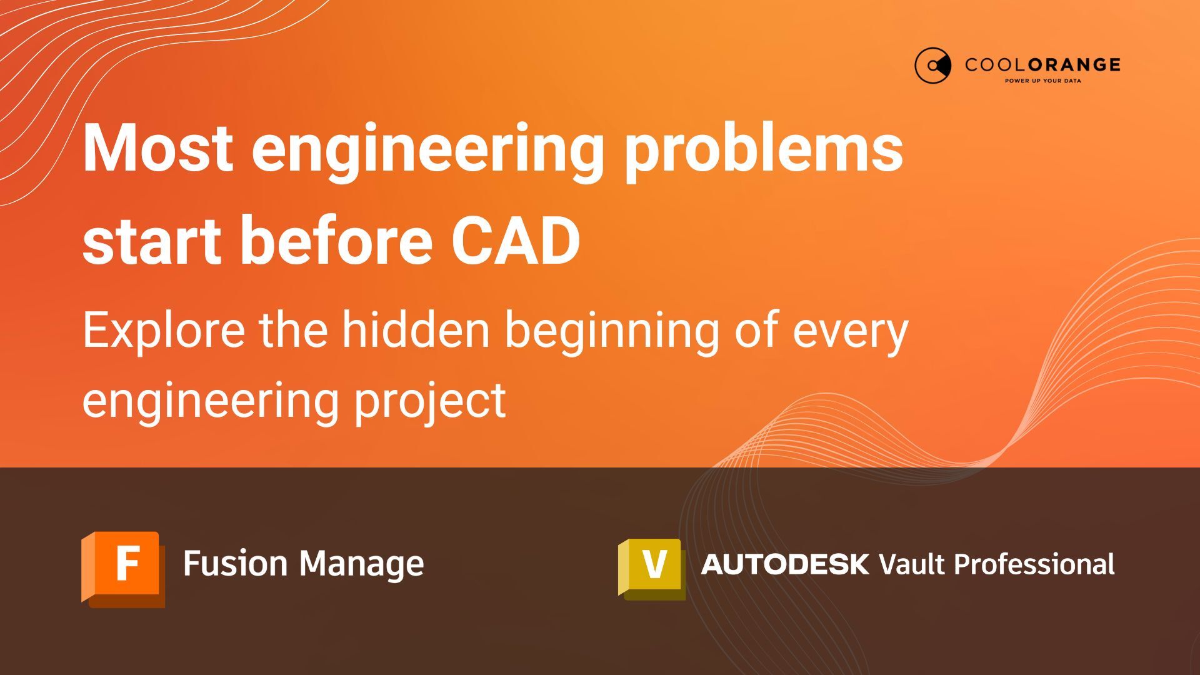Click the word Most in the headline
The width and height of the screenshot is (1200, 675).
(158, 148)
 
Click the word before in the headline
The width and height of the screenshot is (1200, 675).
(336, 241)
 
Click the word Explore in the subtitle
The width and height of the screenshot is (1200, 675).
(164, 331)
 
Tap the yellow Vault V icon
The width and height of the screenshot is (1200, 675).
(651, 567)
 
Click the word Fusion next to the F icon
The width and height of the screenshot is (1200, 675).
(235, 564)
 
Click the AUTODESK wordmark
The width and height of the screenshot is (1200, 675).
(785, 564)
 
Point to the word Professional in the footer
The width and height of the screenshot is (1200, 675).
(1034, 564)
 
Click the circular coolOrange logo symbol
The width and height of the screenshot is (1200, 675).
(932, 65)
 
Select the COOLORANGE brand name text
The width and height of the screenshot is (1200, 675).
(1042, 64)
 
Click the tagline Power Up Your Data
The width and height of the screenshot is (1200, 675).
(1042, 81)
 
